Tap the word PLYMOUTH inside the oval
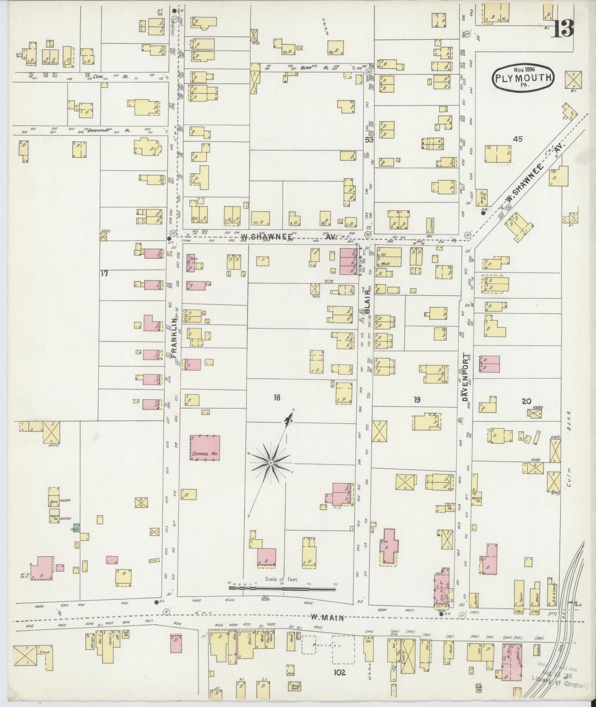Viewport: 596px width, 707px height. click(x=523, y=78)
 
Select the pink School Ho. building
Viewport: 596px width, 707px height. click(x=205, y=448)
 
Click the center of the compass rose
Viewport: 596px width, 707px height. click(x=270, y=464)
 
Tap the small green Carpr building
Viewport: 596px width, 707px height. click(x=76, y=528)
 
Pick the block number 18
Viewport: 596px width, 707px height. click(x=277, y=398)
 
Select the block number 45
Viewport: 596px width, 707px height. click(x=517, y=139)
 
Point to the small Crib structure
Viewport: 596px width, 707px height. click(x=153, y=561)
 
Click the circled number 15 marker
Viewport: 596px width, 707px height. click(x=467, y=235)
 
